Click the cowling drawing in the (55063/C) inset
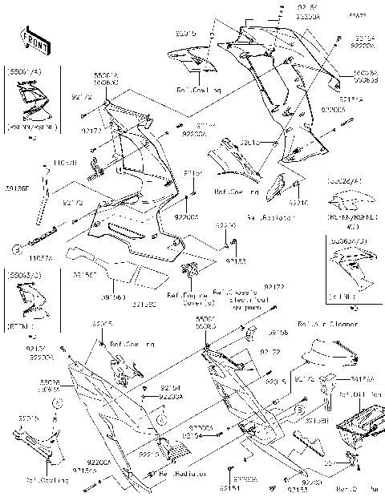click(352, 272)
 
